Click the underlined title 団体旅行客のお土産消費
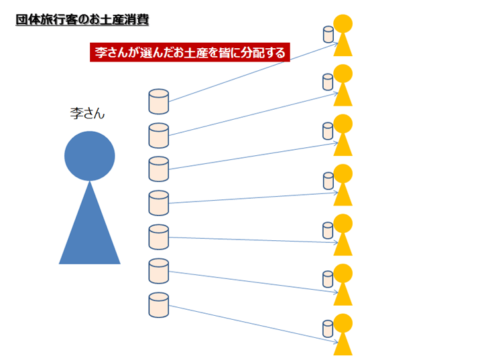[x=82, y=20]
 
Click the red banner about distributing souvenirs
[x=190, y=52]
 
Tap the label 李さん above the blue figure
[x=87, y=114]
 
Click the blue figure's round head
[x=90, y=156]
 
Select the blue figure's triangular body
[x=90, y=223]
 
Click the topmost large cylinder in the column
[x=159, y=102]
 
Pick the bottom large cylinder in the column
[x=159, y=305]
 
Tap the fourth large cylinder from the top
[x=159, y=203]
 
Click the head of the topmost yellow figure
[x=343, y=23]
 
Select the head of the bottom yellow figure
[x=343, y=323]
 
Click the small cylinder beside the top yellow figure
[x=328, y=35]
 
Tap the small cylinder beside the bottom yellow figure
[x=328, y=329]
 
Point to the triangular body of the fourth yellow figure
[x=343, y=194]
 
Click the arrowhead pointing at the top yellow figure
[x=337, y=44]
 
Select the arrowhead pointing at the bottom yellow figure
[x=337, y=342]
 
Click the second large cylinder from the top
[x=159, y=136]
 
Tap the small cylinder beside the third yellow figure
[x=328, y=131]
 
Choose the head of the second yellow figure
[x=343, y=74]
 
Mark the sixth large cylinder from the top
[x=159, y=271]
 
